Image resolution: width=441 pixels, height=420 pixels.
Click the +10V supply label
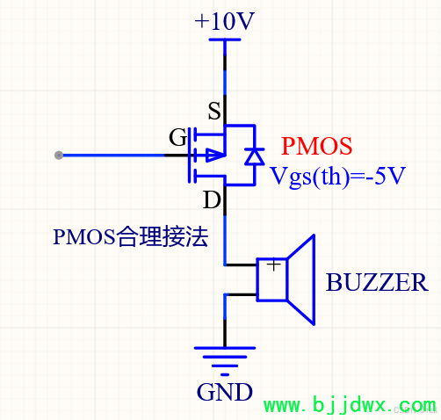pos(224,21)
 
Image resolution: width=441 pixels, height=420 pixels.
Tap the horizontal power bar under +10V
pos(225,40)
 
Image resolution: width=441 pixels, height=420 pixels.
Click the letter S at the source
pos(214,111)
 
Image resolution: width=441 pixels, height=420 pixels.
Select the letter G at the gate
pos(177,137)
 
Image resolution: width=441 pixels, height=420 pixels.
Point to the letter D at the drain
pos(212,200)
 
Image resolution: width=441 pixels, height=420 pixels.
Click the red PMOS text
pos(316,146)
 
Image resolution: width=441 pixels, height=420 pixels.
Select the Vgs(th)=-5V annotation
pos(337,177)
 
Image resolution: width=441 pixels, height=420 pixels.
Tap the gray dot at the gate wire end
pos(59,156)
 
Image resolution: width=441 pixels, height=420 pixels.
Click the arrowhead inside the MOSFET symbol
pos(215,156)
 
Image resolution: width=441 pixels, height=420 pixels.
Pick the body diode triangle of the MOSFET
pos(254,156)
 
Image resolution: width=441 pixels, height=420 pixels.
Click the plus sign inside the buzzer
pos(274,265)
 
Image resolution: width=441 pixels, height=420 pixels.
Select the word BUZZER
pos(377,282)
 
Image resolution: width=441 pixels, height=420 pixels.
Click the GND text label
pos(225,392)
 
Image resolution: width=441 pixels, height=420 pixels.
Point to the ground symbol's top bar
pos(225,348)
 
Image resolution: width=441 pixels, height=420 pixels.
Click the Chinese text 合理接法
pos(163,236)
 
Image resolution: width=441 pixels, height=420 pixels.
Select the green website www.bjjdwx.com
pos(350,405)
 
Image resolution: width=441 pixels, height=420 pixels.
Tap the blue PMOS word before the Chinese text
pos(84,236)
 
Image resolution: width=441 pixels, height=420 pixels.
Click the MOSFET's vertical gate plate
pos(189,156)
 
